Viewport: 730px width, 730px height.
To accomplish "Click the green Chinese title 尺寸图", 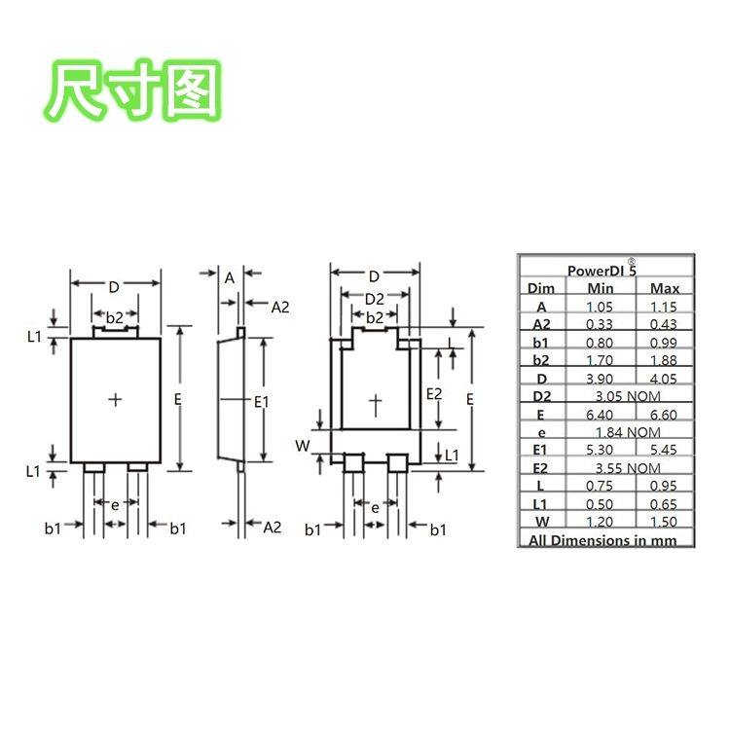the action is pyautogui.click(x=135, y=91).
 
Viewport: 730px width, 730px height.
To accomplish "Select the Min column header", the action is pyautogui.click(x=601, y=288).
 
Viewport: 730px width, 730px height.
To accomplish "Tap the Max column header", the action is pyautogui.click(x=665, y=288).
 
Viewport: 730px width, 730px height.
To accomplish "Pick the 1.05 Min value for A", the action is pyautogui.click(x=601, y=306).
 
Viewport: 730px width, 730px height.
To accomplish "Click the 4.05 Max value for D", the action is pyautogui.click(x=665, y=378).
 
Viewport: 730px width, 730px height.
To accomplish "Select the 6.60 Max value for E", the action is pyautogui.click(x=665, y=414).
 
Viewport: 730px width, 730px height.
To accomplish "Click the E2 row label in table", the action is pyautogui.click(x=542, y=468).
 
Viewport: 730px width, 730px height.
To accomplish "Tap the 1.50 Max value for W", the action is pyautogui.click(x=665, y=522).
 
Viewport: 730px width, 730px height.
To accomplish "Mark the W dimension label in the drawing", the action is pyautogui.click(x=303, y=445).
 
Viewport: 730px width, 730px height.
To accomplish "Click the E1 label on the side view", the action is pyautogui.click(x=262, y=400).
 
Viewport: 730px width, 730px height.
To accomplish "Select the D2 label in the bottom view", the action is pyautogui.click(x=375, y=298).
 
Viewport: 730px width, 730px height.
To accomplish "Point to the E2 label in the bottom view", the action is pyautogui.click(x=435, y=393).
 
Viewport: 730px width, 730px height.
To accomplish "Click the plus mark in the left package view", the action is pyautogui.click(x=116, y=399).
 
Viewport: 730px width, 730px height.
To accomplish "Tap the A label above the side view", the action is pyautogui.click(x=230, y=277).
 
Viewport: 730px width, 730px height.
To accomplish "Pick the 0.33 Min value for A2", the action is pyautogui.click(x=601, y=324).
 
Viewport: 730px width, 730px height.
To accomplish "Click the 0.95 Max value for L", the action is pyautogui.click(x=665, y=486).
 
